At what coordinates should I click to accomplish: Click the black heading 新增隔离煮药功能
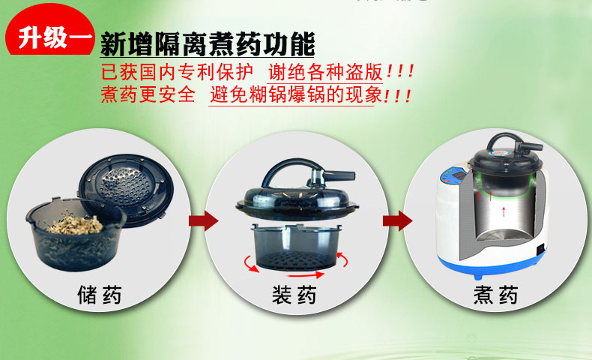tap(208, 44)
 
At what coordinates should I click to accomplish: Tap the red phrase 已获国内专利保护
tap(177, 72)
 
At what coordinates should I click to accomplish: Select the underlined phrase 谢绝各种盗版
tap(325, 72)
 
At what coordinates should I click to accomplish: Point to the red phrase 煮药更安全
tap(148, 94)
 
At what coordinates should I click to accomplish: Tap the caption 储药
tap(100, 295)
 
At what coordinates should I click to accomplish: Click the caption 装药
tap(295, 295)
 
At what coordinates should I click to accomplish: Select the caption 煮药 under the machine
tap(496, 295)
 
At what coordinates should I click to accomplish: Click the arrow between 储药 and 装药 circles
tap(204, 220)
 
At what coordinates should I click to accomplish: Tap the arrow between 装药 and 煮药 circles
tap(398, 220)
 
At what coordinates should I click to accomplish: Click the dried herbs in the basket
tap(74, 224)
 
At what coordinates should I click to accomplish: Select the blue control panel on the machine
tap(454, 177)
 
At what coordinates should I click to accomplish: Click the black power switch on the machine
tap(541, 248)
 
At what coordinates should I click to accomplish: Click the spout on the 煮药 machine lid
tap(531, 146)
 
